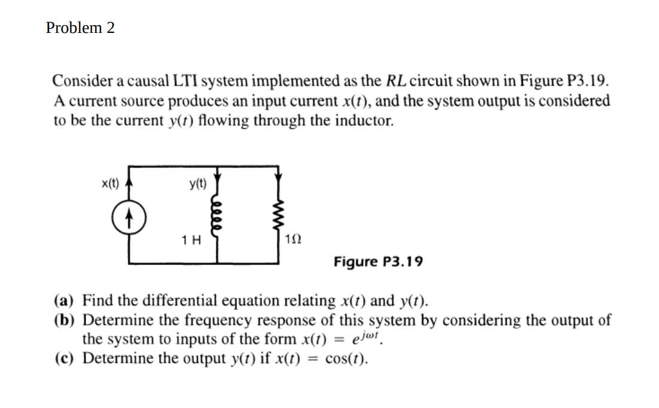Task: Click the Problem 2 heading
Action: (80, 28)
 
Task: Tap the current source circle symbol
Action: (128, 214)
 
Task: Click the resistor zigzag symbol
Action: (278, 213)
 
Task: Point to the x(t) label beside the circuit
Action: (110, 184)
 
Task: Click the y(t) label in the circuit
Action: (197, 184)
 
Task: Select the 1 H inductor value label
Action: (191, 240)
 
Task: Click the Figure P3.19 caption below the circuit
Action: (378, 261)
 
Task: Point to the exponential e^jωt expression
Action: (365, 339)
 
